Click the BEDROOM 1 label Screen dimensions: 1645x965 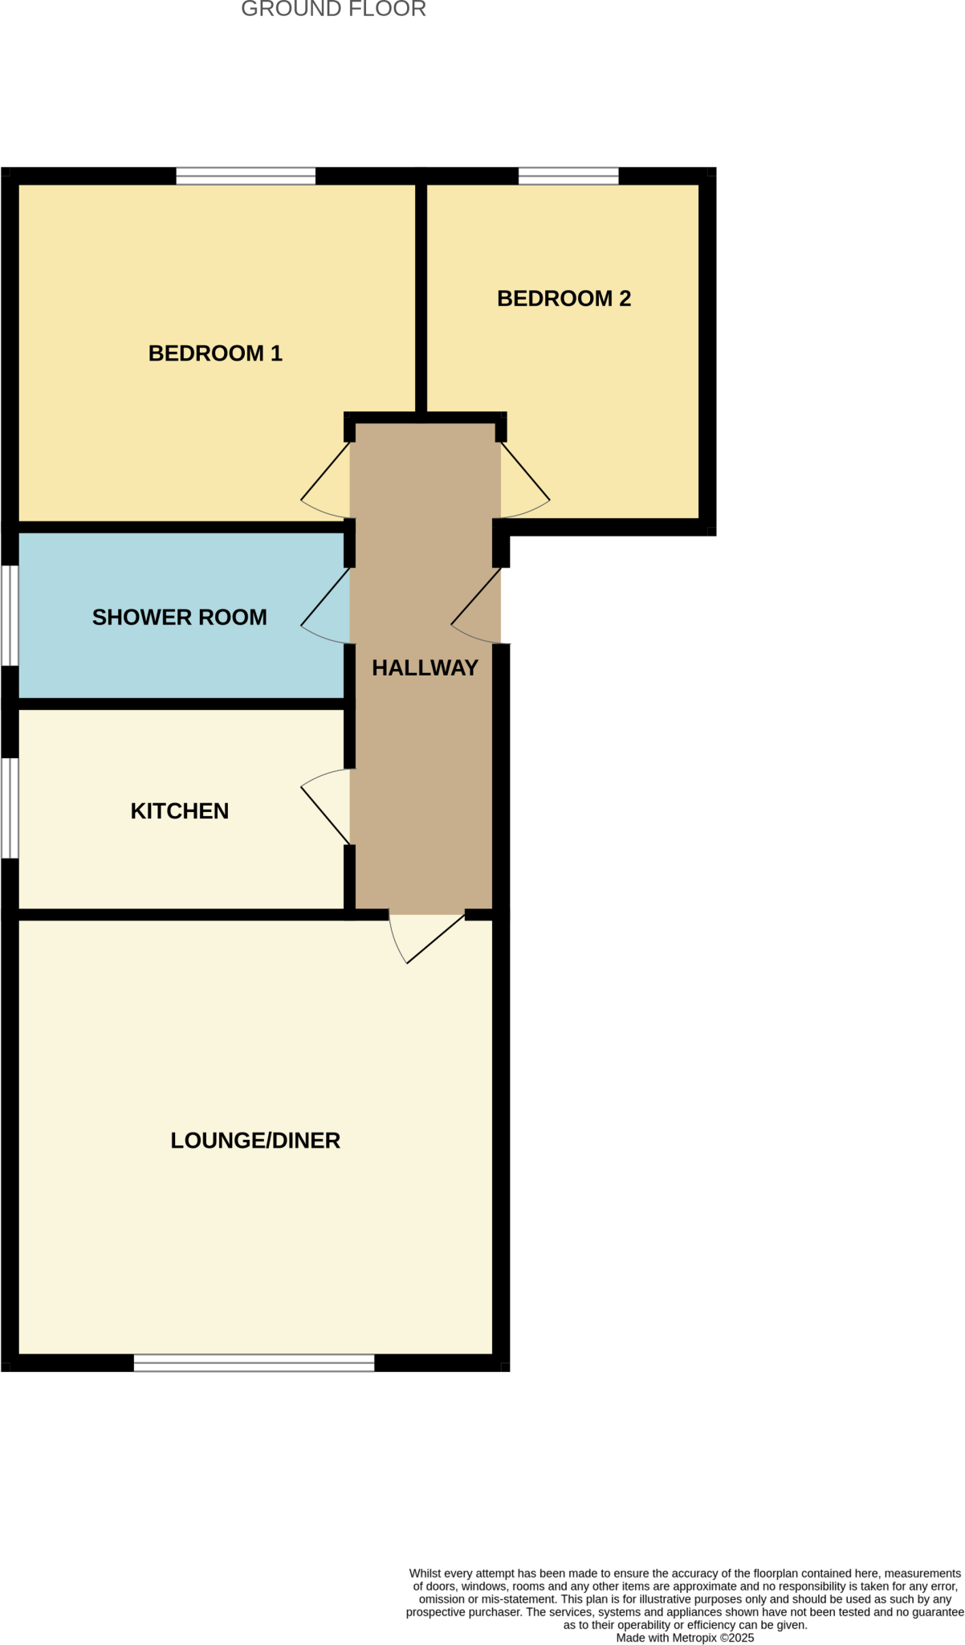[215, 353]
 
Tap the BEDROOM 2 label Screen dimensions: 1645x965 [564, 299]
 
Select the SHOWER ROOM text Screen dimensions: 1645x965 [179, 617]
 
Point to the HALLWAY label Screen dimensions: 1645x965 [425, 667]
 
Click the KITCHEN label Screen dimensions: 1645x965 [179, 811]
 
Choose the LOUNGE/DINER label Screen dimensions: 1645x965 [255, 1141]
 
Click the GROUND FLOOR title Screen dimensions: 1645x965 [333, 10]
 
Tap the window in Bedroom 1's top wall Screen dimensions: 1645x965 [246, 176]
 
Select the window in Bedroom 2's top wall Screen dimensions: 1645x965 [568, 176]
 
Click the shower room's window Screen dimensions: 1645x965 [9, 615]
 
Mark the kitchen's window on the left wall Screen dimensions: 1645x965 [9, 807]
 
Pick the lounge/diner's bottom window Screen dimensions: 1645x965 [254, 1362]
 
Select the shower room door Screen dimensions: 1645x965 [326, 606]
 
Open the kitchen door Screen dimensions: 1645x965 [326, 807]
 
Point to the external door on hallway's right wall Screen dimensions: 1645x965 [477, 606]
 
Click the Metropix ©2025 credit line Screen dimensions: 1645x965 [685, 1638]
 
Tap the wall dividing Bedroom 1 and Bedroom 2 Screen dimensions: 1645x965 [421, 297]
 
